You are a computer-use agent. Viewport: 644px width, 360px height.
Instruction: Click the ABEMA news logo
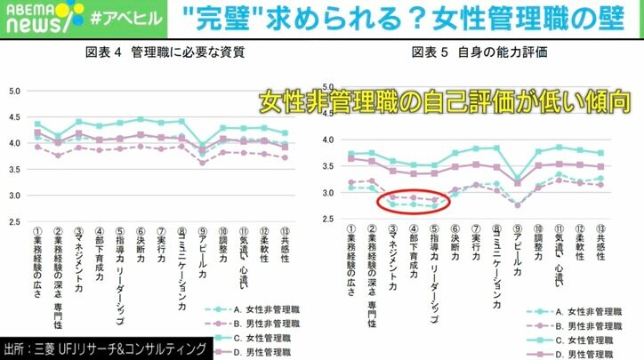pyautogui.click(x=30, y=16)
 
